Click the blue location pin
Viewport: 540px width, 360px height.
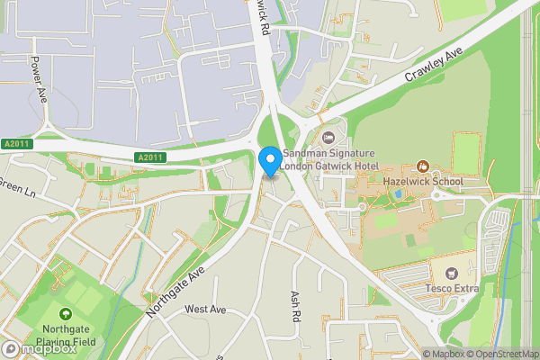269,161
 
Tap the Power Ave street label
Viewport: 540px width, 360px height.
38,79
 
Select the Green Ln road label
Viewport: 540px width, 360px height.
15,190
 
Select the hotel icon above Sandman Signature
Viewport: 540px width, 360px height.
328,137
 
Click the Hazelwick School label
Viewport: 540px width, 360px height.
422,181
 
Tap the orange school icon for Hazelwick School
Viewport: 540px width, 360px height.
423,166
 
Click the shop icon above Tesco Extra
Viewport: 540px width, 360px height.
452,272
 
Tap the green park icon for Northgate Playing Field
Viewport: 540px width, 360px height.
65,314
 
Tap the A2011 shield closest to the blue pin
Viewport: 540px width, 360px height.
151,157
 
